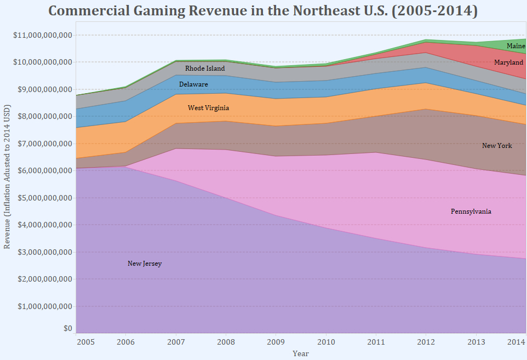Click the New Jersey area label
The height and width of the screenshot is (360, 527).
pos(145,264)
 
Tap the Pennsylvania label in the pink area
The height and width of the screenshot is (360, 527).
pos(471,212)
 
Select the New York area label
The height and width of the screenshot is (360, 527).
pos(497,146)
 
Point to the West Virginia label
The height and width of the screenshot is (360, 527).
pos(208,108)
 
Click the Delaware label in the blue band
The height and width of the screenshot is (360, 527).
pos(193,84)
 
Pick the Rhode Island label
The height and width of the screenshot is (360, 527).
pos(205,68)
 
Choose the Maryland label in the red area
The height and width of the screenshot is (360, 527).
pos(508,62)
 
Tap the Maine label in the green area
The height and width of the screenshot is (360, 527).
pos(515,46)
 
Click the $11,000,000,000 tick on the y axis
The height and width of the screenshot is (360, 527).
pos(42,35)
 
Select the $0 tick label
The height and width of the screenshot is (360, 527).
pos(67,329)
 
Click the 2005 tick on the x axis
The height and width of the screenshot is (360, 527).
pos(85,342)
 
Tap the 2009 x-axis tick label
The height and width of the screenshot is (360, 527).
pos(276,342)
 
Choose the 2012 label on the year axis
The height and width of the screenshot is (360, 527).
pos(426,342)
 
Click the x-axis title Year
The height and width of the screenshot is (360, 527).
pos(300,353)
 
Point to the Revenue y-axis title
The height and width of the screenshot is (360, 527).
pos(7,186)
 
